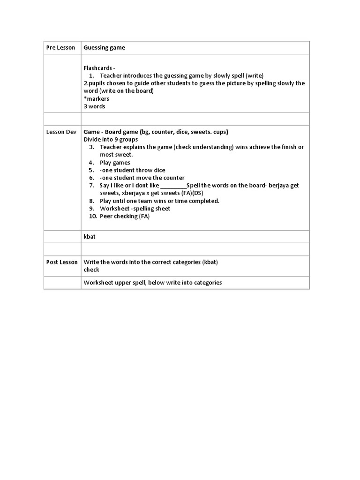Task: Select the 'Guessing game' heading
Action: click(x=104, y=48)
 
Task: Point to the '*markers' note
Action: click(x=96, y=98)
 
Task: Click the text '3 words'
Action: click(x=94, y=106)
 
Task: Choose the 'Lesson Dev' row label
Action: click(x=61, y=132)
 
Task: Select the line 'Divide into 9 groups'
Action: click(x=111, y=139)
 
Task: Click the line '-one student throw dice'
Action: click(x=132, y=170)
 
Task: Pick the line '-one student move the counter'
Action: click(x=142, y=178)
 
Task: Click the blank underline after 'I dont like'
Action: click(x=173, y=186)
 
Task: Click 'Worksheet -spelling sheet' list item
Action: click(x=135, y=209)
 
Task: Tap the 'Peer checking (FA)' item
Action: click(x=125, y=216)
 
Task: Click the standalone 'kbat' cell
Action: click(x=90, y=237)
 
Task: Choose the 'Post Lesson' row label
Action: click(x=61, y=262)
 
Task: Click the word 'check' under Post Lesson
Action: click(x=91, y=270)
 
